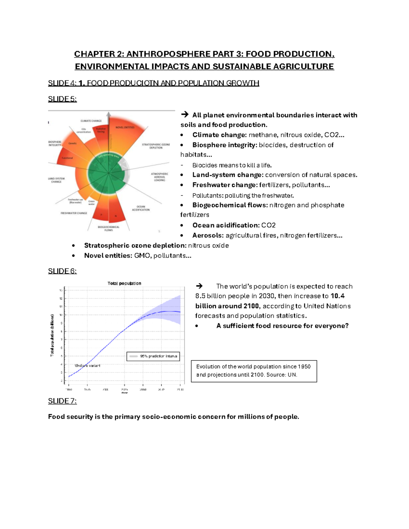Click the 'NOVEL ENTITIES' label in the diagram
(125, 127)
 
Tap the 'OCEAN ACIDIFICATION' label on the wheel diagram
(141, 208)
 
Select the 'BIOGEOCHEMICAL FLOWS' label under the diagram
(108, 229)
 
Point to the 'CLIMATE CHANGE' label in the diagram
(91, 121)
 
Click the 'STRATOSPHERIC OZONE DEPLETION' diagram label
(156, 146)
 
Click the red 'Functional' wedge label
(67, 158)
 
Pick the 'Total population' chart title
(124, 283)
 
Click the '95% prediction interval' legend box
(153, 356)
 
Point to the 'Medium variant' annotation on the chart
(87, 365)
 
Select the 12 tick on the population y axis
(61, 299)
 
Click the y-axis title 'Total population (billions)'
(52, 336)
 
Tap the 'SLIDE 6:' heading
(62, 271)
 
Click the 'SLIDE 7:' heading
(62, 401)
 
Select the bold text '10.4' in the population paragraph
(337, 296)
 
